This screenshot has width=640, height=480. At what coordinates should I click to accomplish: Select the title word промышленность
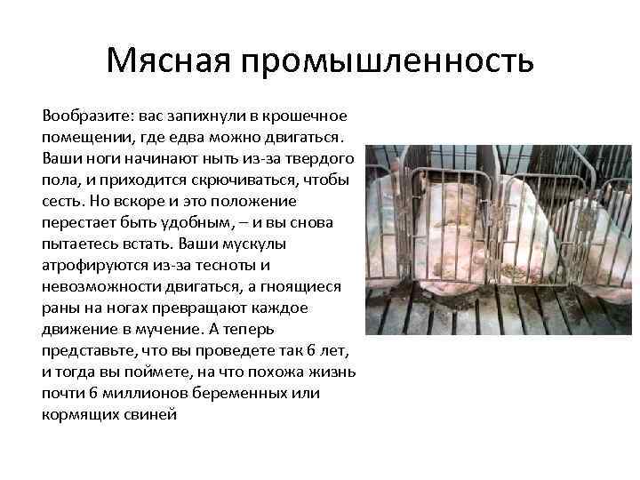tap(384, 62)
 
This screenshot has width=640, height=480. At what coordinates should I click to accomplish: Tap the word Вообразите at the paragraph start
tap(83, 117)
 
